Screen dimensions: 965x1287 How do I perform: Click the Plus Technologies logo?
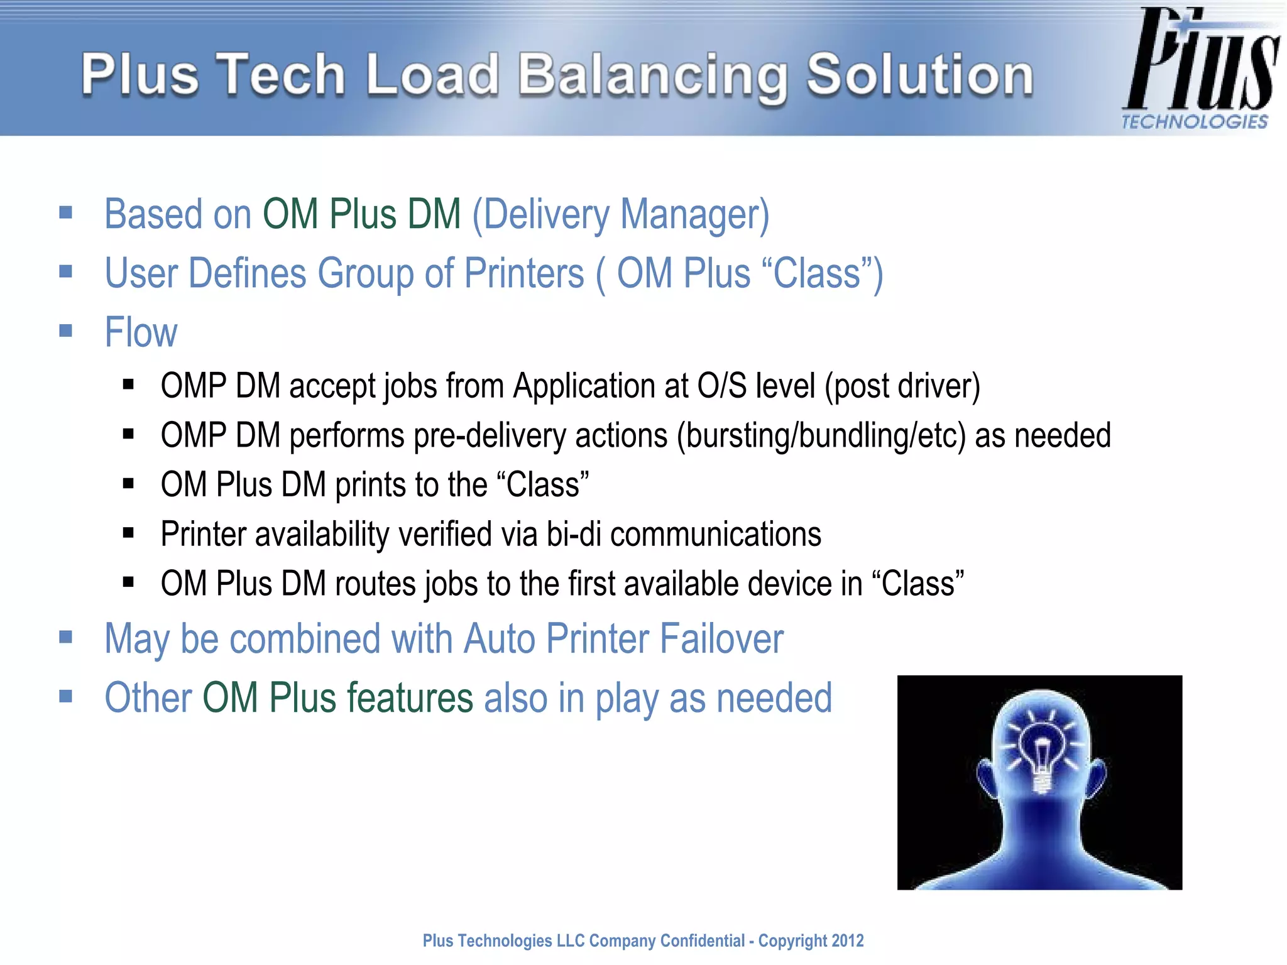pos(1200,63)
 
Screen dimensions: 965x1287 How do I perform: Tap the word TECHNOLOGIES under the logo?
pos(1194,122)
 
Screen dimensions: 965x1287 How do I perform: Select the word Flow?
pos(141,332)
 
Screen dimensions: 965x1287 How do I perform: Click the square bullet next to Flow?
pos(65,330)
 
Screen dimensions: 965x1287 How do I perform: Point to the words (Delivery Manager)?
pos(620,215)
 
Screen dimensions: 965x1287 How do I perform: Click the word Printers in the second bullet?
pos(524,273)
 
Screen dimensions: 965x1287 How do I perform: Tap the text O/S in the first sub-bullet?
pos(722,386)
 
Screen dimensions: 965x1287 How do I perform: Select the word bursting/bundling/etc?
pos(821,435)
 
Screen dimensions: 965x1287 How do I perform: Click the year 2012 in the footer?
pos(847,940)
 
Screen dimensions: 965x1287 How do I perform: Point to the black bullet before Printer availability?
pos(128,533)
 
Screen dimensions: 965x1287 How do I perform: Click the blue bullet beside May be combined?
pos(65,637)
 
